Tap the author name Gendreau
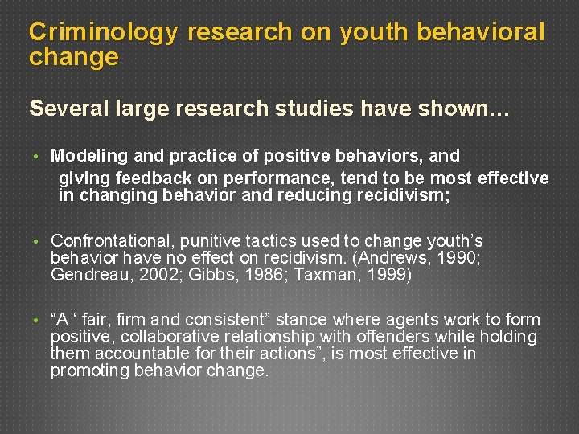tap(91, 275)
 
